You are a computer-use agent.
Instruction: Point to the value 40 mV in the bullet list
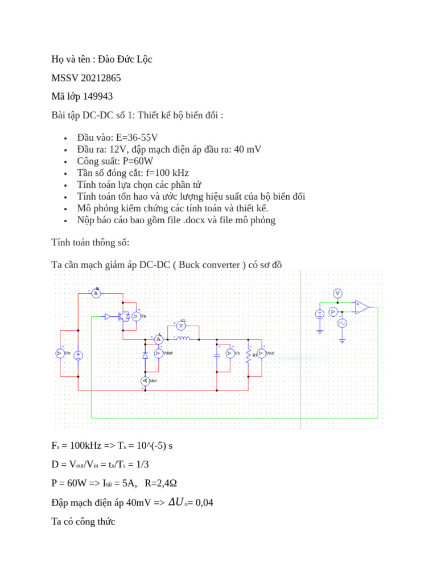point(248,149)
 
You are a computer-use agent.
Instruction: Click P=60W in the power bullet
point(142,161)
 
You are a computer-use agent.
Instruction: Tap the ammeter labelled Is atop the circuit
point(96,293)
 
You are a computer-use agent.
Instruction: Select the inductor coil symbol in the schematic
point(182,339)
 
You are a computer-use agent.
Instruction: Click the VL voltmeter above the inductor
point(182,327)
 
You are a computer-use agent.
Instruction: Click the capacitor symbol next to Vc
point(217,354)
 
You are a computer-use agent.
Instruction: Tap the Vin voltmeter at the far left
point(60,354)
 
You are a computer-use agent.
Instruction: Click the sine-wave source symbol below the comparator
point(343,323)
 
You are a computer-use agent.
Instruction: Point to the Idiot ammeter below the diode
point(145,380)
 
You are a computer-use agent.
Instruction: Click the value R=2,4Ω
point(161,483)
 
